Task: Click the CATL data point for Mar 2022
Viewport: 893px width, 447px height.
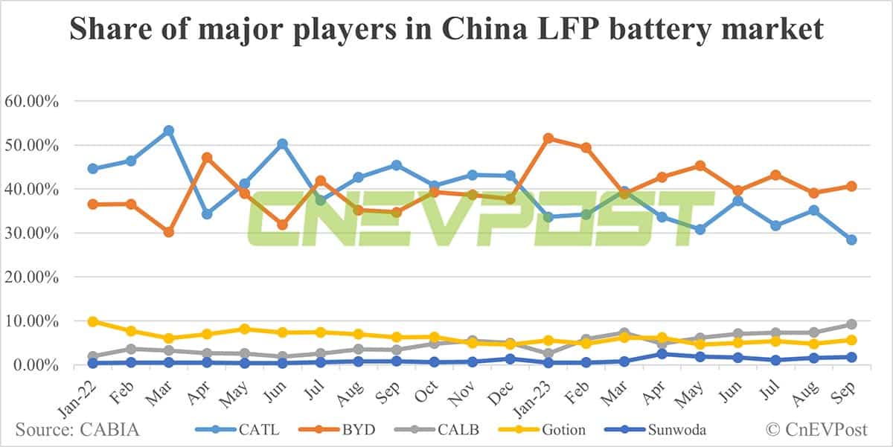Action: click(169, 131)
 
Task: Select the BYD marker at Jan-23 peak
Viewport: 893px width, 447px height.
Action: click(548, 138)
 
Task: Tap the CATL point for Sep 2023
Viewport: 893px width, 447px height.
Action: click(851, 239)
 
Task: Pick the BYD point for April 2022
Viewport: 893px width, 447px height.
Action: click(207, 158)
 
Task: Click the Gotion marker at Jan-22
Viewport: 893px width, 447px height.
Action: click(93, 321)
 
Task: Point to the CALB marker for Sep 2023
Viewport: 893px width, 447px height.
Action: click(851, 324)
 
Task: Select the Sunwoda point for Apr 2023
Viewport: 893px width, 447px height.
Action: click(662, 354)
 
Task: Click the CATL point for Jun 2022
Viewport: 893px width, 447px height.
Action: click(283, 144)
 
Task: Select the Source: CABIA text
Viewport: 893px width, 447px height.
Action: click(77, 430)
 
